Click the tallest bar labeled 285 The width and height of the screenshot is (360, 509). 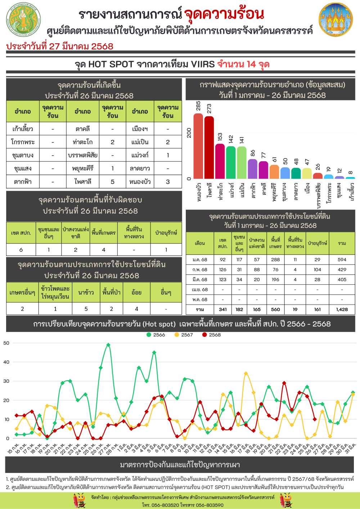tap(198, 146)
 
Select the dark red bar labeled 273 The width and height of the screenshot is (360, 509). tap(209, 147)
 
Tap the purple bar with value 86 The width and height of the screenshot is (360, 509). tap(253, 169)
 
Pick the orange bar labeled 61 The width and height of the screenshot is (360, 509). tap(274, 172)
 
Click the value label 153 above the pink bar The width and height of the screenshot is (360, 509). tap(220, 137)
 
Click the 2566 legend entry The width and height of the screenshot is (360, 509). tap(156, 335)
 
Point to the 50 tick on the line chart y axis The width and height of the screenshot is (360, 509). tap(6, 343)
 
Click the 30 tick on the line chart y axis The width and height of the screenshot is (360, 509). tap(6, 381)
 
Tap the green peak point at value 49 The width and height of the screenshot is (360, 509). tap(108, 345)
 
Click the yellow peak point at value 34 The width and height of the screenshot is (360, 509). tap(246, 374)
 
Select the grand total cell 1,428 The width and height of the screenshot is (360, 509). tap(342, 309)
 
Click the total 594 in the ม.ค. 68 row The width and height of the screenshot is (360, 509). tap(342, 260)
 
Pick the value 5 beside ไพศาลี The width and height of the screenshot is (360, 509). tap(112, 182)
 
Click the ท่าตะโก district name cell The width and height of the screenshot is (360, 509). tap(82, 142)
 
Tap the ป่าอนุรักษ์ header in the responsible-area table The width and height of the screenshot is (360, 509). tap(166, 233)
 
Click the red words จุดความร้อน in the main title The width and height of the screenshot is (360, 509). tap(224, 14)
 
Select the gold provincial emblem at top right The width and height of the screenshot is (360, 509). tap(336, 19)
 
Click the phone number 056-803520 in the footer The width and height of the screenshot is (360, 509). tap(165, 505)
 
